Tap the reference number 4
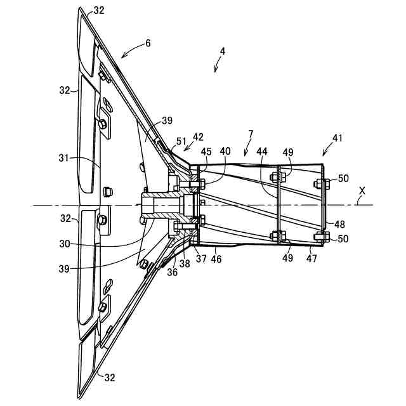click(x=223, y=51)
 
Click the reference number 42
click(x=198, y=136)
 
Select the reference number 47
click(x=311, y=259)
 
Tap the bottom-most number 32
click(x=109, y=377)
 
